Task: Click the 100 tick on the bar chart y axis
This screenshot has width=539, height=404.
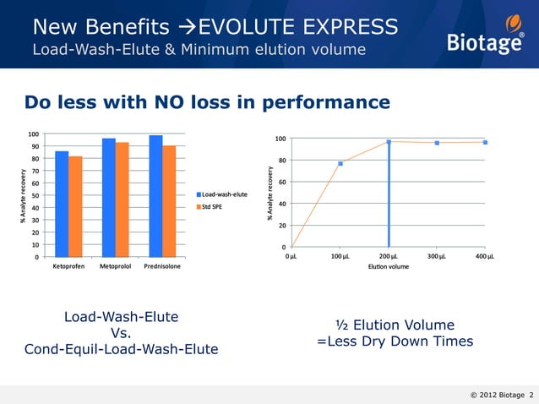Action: pyautogui.click(x=32, y=134)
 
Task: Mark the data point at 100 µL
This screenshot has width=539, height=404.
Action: pyautogui.click(x=340, y=163)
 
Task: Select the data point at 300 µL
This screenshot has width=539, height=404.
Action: pyautogui.click(x=437, y=143)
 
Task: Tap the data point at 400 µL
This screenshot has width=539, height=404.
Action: pyautogui.click(x=485, y=142)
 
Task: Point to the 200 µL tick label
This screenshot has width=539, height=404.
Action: pyautogui.click(x=388, y=256)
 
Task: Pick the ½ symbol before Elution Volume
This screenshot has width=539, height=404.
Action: pyautogui.click(x=342, y=325)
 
